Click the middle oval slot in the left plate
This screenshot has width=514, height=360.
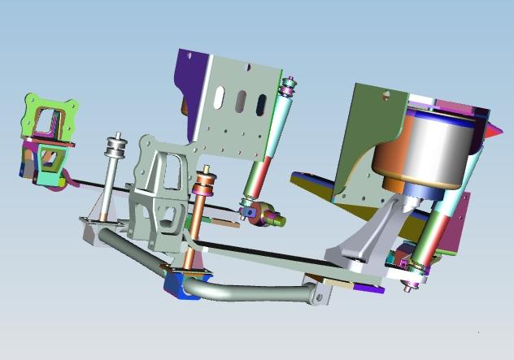(241, 103)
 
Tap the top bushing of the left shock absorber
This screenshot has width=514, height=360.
(289, 85)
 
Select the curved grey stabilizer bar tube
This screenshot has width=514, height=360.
(244, 291)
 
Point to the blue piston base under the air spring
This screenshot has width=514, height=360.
(423, 191)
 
